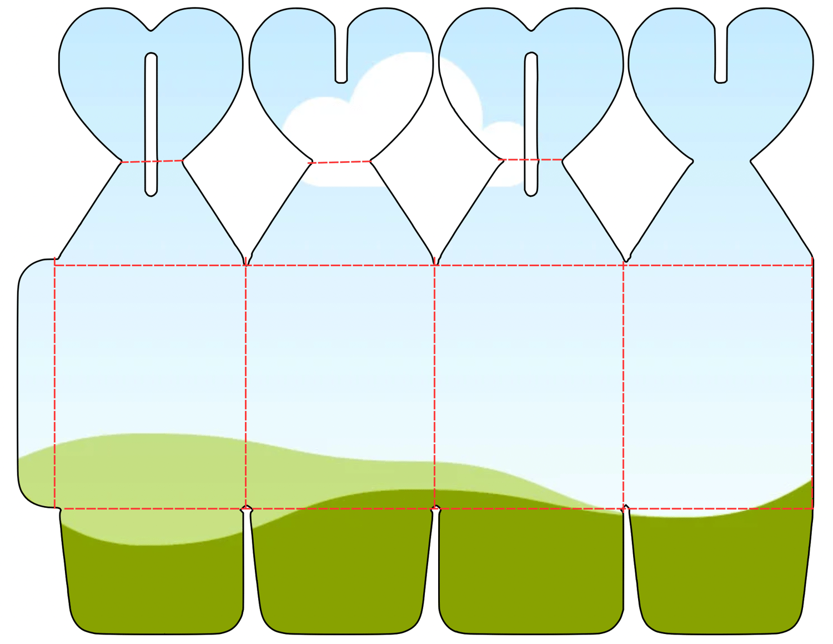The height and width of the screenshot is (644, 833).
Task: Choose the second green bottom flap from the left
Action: point(342,578)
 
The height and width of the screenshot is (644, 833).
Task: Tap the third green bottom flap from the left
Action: point(530,578)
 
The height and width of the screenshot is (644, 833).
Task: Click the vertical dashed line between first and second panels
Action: point(245,383)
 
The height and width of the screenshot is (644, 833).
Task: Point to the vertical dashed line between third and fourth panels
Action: point(624,383)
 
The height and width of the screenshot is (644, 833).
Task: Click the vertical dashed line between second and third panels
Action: point(434,383)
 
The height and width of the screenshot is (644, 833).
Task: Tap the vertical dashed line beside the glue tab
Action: point(55,383)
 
